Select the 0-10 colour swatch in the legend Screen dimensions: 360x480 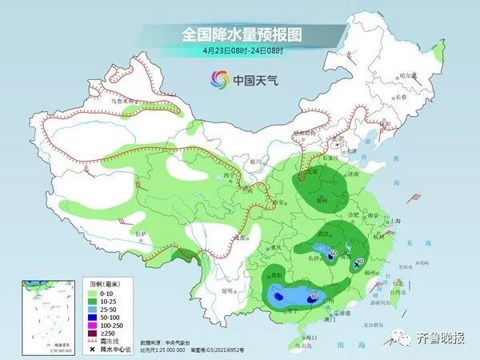click(x=94, y=294)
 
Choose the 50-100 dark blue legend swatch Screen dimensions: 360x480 click(x=94, y=315)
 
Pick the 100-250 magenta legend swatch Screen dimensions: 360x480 click(x=94, y=322)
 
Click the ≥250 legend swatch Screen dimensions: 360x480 click(x=94, y=330)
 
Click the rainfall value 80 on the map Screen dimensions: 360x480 click(x=314, y=297)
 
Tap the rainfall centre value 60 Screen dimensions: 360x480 click(x=334, y=253)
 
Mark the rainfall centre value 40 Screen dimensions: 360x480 click(x=361, y=261)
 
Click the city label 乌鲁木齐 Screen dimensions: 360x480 click(x=123, y=102)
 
